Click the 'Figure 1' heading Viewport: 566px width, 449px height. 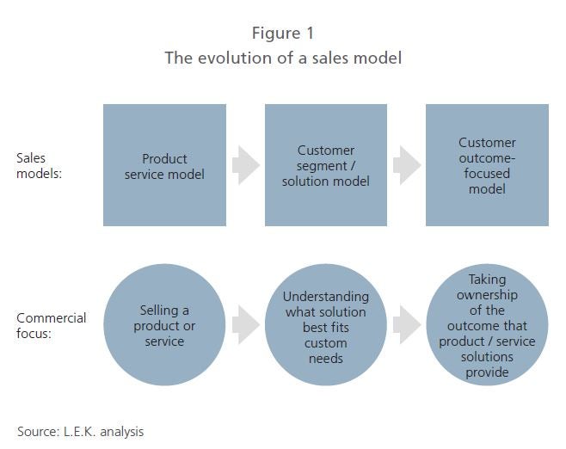(x=283, y=34)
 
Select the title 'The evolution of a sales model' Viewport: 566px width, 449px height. (x=283, y=58)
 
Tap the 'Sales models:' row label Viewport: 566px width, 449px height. (x=39, y=166)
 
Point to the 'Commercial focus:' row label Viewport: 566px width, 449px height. (x=52, y=325)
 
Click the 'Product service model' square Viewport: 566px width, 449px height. (x=164, y=165)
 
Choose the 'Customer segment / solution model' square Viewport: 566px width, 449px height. (x=326, y=165)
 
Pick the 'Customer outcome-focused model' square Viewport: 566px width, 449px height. (x=487, y=165)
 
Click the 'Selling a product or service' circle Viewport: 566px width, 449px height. (x=164, y=325)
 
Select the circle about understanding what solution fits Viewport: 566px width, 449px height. (x=326, y=325)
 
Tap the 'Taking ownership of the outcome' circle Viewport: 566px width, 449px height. (x=487, y=325)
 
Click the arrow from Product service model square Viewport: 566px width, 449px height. (x=246, y=165)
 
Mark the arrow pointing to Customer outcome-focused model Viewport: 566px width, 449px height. (x=407, y=165)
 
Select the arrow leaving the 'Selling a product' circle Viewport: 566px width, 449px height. (x=246, y=325)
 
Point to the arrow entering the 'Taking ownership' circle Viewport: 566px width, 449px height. (x=407, y=325)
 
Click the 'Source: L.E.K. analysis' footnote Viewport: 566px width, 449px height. (x=81, y=432)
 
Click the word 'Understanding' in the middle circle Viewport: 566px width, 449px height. (x=326, y=297)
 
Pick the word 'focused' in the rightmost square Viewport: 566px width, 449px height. (x=487, y=173)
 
